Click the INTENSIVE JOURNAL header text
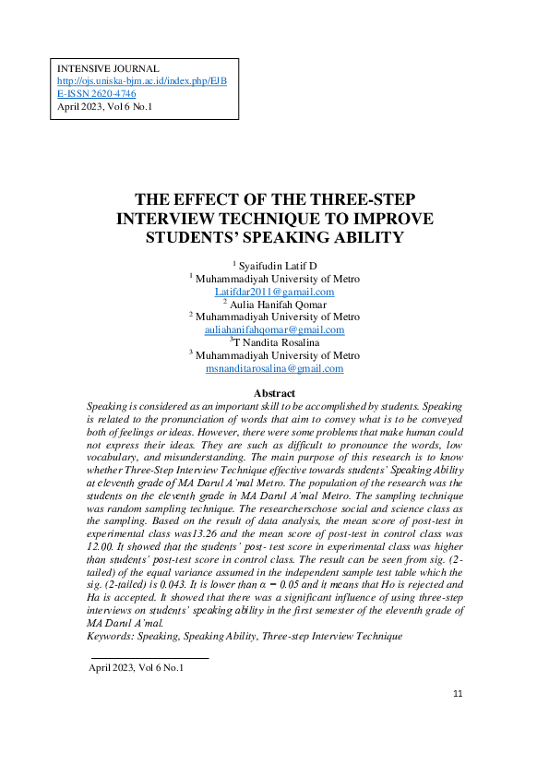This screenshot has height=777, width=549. click(x=108, y=69)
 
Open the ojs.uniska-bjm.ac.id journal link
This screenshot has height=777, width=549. click(x=142, y=82)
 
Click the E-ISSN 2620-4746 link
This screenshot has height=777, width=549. click(x=97, y=94)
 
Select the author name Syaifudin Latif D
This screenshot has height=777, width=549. click(x=277, y=266)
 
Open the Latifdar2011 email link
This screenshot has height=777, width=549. click(x=274, y=291)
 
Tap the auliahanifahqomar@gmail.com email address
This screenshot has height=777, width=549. click(x=274, y=329)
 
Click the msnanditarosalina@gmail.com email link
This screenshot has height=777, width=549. click(x=274, y=368)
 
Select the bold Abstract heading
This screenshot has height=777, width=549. click(x=274, y=394)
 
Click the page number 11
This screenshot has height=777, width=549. click(x=459, y=693)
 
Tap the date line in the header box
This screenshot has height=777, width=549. click(x=104, y=107)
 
